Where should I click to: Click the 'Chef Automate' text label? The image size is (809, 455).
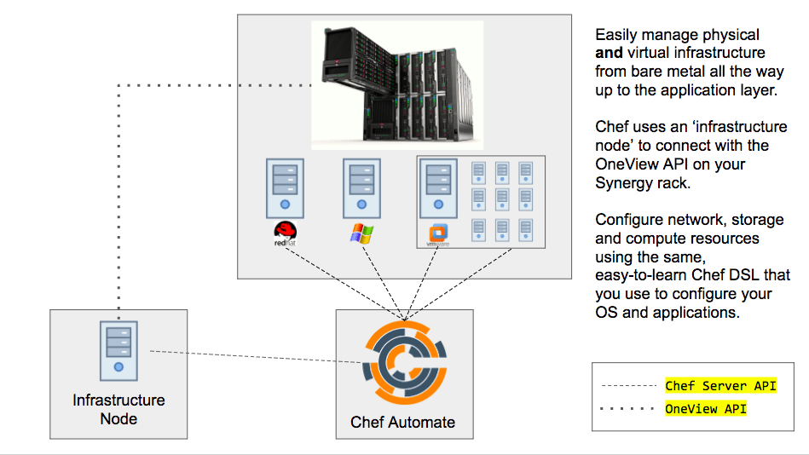click(x=402, y=422)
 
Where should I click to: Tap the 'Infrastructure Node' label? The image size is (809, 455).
click(x=118, y=409)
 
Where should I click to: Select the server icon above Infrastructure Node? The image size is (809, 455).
click(x=118, y=348)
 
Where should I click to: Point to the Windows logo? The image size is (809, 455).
click(x=361, y=233)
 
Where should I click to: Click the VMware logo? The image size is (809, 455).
click(x=437, y=234)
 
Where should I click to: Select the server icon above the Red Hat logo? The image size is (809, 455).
click(x=284, y=187)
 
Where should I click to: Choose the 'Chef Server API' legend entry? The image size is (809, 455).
click(x=720, y=386)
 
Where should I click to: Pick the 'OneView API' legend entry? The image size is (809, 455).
click(x=706, y=409)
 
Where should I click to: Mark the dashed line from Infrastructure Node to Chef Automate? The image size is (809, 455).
click(x=256, y=357)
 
